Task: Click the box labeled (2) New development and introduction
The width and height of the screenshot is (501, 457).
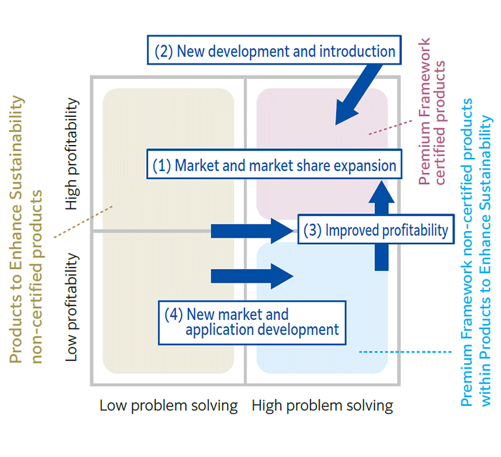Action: [274, 51]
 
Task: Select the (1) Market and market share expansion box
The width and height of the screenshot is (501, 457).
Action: [274, 165]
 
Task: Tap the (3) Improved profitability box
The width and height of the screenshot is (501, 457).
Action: [376, 229]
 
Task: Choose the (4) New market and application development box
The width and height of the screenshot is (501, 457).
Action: [253, 322]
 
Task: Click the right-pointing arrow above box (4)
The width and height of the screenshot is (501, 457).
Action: [251, 275]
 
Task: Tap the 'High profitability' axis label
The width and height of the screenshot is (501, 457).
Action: [72, 154]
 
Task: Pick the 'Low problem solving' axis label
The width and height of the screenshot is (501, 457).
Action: [168, 405]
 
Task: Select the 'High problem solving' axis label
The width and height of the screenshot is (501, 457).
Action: [322, 405]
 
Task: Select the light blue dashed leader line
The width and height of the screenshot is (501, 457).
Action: [404, 352]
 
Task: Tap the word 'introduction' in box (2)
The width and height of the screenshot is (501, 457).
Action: [360, 51]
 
